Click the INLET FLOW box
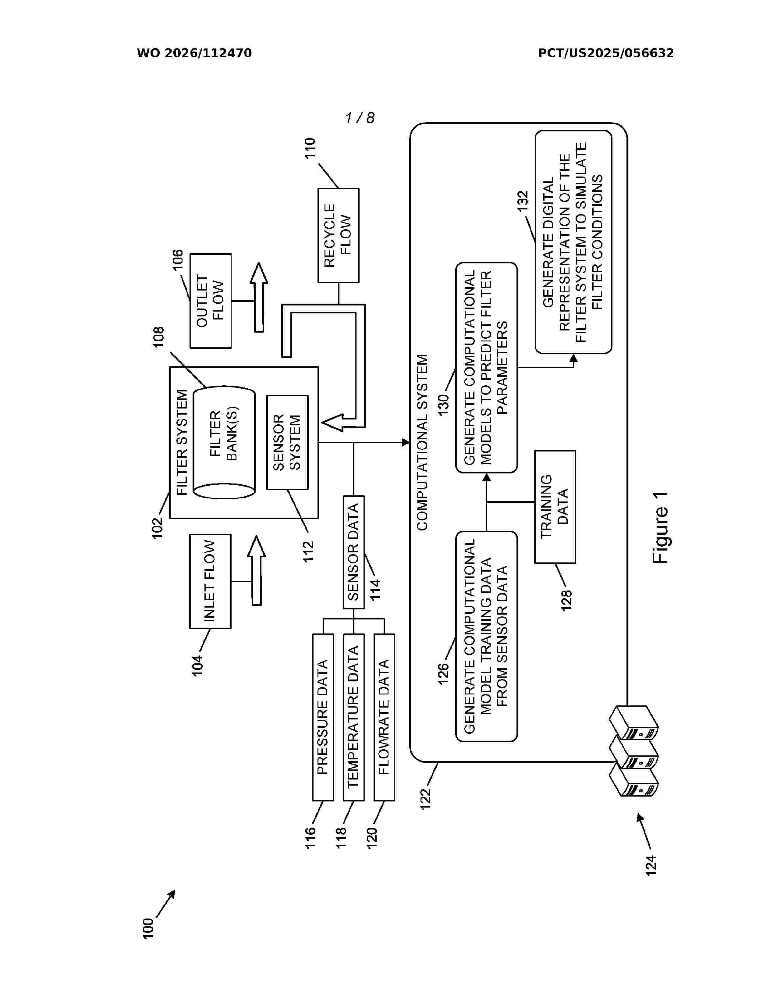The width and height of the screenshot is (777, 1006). click(210, 581)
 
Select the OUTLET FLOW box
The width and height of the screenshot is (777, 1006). click(210, 301)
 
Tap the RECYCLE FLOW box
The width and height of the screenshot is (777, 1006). click(338, 235)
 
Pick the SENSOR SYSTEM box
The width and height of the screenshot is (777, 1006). click(287, 442)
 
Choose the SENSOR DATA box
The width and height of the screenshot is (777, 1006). click(353, 552)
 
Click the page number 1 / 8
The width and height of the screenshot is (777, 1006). click(360, 118)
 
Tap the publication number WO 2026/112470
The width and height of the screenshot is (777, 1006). click(194, 53)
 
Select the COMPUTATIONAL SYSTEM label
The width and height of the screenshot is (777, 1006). click(422, 442)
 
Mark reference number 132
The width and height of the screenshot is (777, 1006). click(523, 201)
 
